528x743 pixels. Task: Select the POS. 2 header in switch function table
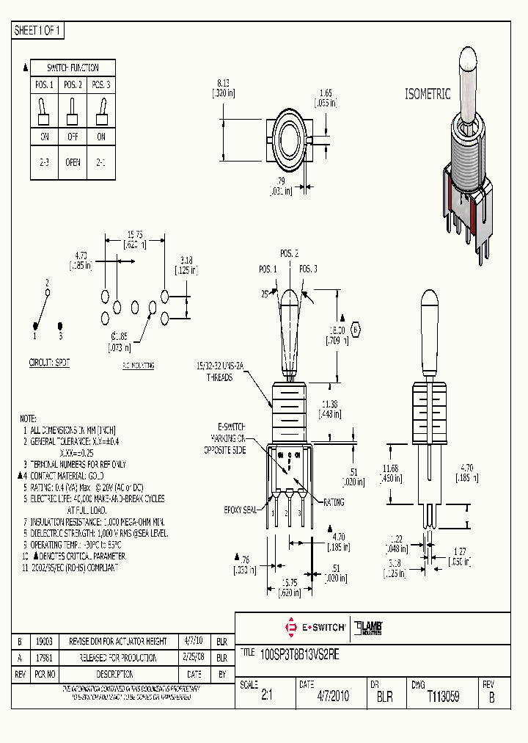[73, 85]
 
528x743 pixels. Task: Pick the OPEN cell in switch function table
[73, 162]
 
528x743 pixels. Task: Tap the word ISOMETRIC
[428, 94]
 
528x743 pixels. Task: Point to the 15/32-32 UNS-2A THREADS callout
[214, 371]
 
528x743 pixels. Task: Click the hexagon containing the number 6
[356, 330]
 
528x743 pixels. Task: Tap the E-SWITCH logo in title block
[315, 627]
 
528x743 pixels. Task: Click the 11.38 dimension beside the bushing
[329, 405]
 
